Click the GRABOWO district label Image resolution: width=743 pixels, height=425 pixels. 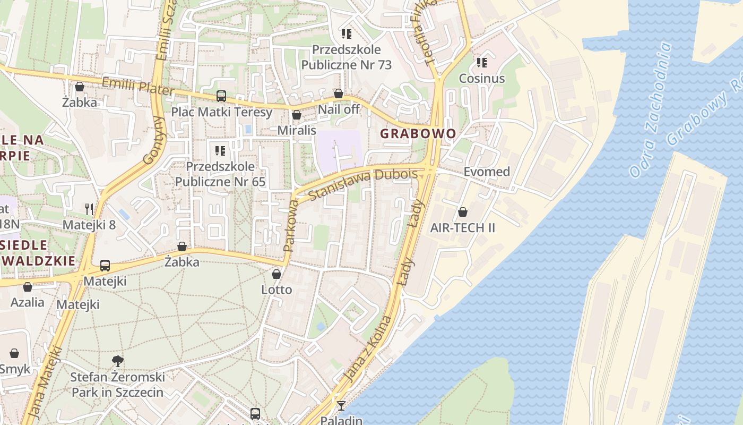tap(418, 133)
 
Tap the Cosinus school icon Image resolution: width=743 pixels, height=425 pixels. tap(482, 63)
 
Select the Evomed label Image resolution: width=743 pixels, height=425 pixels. tap(487, 172)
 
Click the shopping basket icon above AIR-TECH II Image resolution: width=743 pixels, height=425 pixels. tap(463, 212)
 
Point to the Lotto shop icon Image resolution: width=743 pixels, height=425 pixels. tap(277, 274)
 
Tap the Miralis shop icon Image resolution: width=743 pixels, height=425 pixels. tap(297, 115)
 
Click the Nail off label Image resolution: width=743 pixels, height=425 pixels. tap(339, 109)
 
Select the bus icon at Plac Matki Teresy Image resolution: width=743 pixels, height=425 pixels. tap(221, 96)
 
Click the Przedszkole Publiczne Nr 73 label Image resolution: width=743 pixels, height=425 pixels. tap(347, 57)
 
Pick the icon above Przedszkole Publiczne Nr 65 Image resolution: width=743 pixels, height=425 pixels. tap(220, 151)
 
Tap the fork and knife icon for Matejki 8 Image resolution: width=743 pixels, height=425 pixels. tap(89, 209)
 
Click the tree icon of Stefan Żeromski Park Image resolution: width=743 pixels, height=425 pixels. tap(118, 362)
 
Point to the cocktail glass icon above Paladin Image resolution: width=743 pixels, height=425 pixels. tap(341, 406)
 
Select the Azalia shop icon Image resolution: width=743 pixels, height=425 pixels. tap(28, 287)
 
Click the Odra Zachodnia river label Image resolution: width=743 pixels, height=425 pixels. tap(651, 110)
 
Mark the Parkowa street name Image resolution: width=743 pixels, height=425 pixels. tap(289, 226)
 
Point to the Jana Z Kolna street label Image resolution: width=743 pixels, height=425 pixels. tap(367, 349)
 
